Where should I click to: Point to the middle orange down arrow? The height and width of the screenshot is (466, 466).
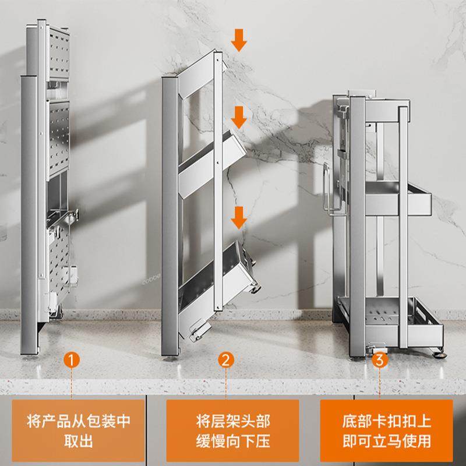tap(238, 118)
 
